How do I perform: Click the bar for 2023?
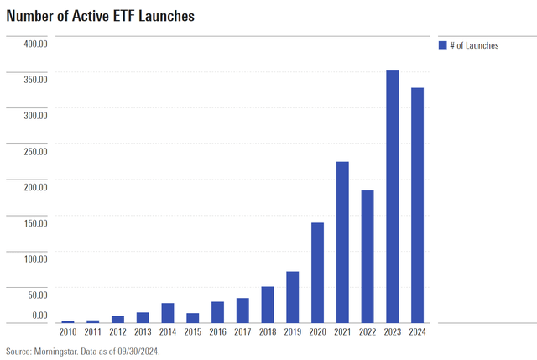[x=392, y=196]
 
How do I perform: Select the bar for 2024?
[x=417, y=205]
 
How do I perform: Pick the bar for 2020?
[x=317, y=272]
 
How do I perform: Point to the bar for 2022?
[x=368, y=256]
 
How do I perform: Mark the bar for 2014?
[x=168, y=312]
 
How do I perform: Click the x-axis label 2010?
[x=68, y=332]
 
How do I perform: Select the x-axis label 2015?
[x=192, y=332]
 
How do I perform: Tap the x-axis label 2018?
[x=268, y=332]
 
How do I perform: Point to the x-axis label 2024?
[x=417, y=332]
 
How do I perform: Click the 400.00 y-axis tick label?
[x=33, y=44]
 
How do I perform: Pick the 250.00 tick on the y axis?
[x=33, y=151]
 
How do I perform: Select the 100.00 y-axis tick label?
[x=33, y=258]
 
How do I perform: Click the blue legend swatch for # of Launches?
[x=442, y=45]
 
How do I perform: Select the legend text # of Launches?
[x=474, y=45]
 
